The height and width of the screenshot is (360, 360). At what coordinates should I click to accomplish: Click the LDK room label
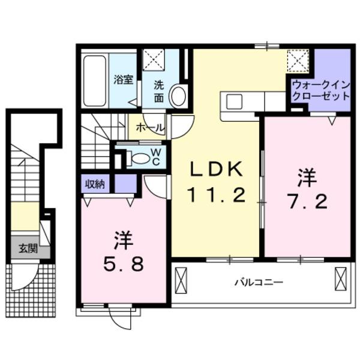coord(217,170)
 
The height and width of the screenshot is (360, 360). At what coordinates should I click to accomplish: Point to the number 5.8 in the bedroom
coord(122,263)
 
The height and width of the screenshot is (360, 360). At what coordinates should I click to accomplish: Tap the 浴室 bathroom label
coord(124,80)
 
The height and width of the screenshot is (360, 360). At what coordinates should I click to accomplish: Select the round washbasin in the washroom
coord(178,95)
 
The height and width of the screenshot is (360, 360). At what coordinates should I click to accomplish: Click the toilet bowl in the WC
coord(140,158)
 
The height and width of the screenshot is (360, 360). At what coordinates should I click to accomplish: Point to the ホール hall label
coord(147,127)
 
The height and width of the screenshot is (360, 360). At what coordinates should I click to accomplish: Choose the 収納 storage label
coord(95,184)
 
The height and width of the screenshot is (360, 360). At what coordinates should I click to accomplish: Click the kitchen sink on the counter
coord(235,101)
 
